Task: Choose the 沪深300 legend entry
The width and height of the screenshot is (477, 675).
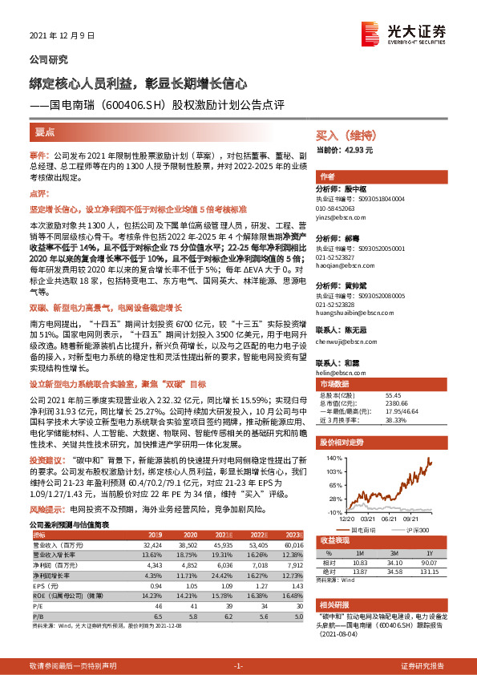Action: tap(414, 530)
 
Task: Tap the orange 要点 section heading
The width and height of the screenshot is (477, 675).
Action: tap(45, 130)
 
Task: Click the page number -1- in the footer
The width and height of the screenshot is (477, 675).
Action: tap(238, 666)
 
